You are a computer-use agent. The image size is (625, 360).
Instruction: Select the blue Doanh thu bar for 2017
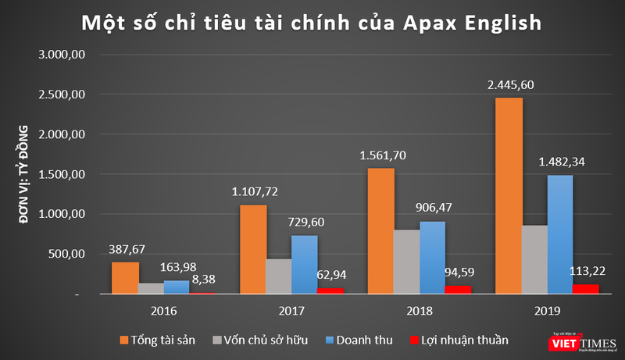point(305,264)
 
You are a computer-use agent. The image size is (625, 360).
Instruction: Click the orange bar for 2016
point(126,277)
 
